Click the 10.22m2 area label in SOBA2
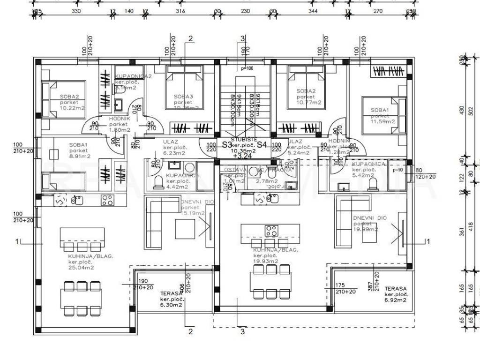[72, 108]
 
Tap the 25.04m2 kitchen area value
[80, 268]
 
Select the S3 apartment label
[227, 145]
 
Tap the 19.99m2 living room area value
[365, 230]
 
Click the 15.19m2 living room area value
[193, 213]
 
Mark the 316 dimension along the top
[180, 11]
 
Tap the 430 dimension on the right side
[463, 110]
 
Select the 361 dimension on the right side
[463, 231]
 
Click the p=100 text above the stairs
[247, 69]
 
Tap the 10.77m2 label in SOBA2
[309, 102]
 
